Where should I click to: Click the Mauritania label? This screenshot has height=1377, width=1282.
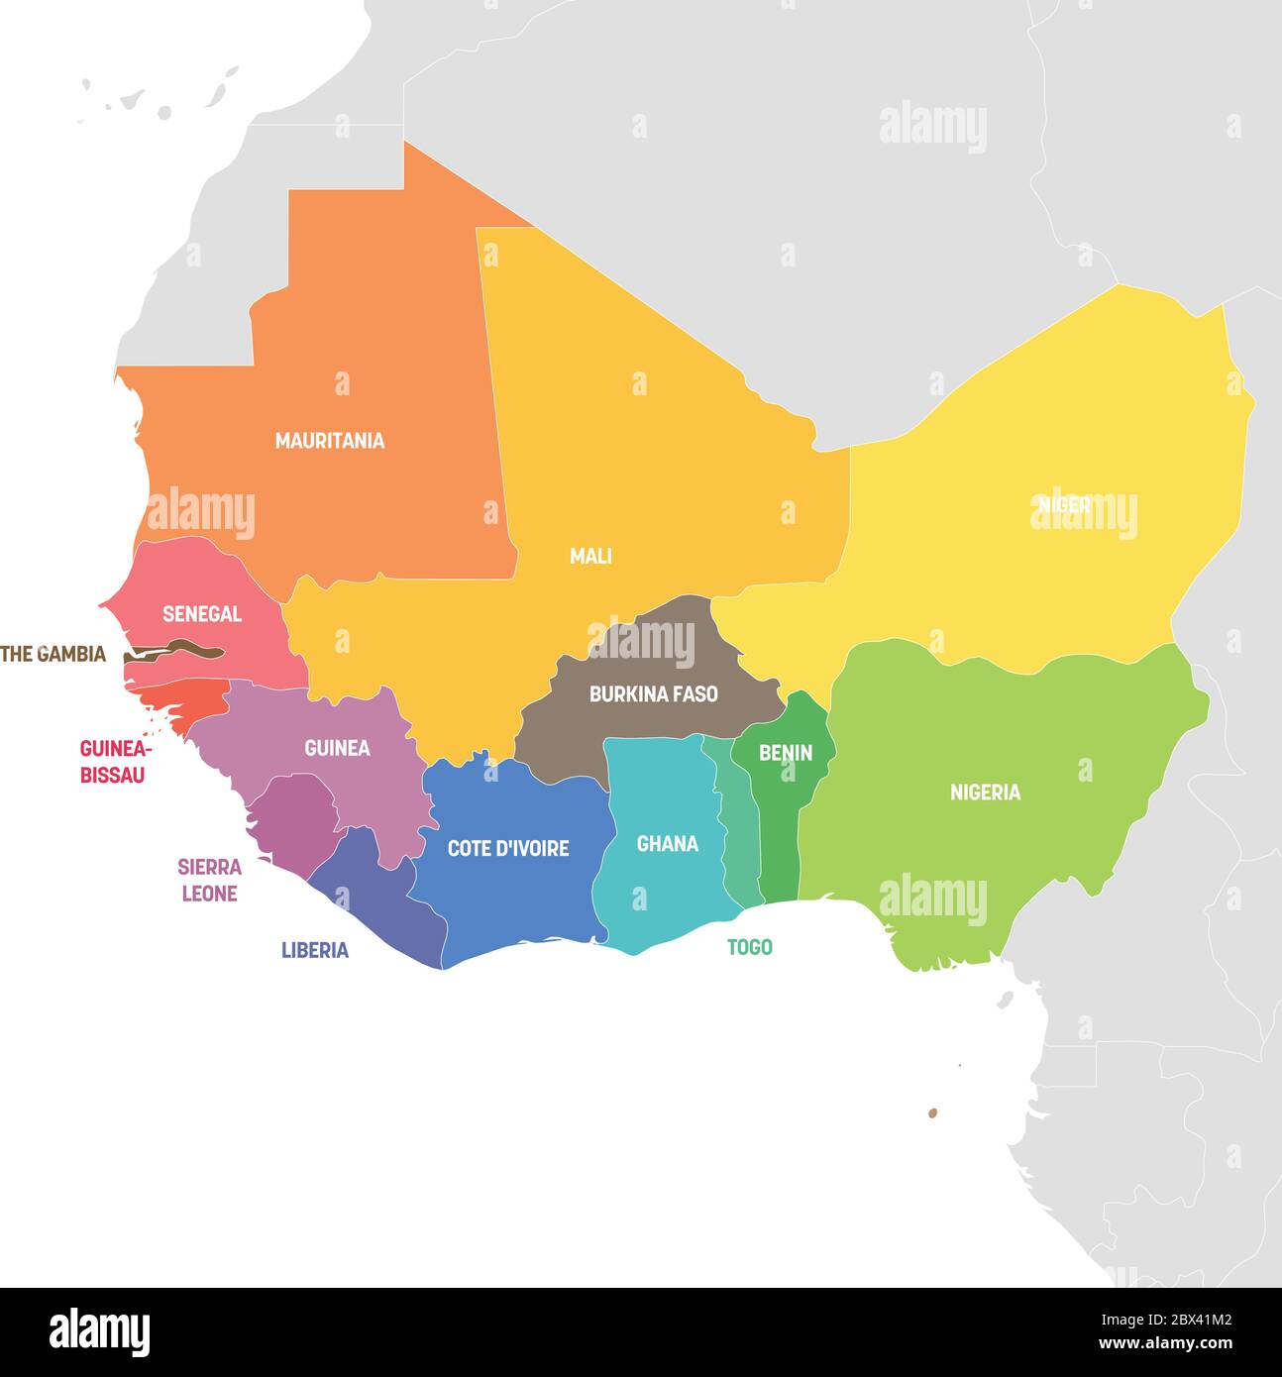(329, 441)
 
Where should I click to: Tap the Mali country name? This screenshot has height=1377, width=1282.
(590, 557)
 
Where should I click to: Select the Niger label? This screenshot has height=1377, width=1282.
(1064, 504)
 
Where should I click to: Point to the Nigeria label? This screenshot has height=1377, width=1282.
(985, 793)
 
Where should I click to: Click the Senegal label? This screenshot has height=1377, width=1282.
(202, 614)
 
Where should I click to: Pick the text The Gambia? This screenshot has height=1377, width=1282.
(53, 654)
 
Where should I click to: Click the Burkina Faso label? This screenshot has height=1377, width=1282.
(653, 694)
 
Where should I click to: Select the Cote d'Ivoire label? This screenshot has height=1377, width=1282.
(508, 849)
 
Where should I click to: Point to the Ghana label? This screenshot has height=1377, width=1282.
(667, 844)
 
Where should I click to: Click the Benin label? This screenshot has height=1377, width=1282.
(786, 754)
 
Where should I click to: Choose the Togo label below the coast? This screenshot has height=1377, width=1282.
(749, 948)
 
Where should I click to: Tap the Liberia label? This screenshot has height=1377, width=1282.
(315, 951)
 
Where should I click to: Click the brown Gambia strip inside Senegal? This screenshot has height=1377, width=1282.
(178, 652)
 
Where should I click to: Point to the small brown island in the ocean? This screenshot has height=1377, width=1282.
(932, 1113)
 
